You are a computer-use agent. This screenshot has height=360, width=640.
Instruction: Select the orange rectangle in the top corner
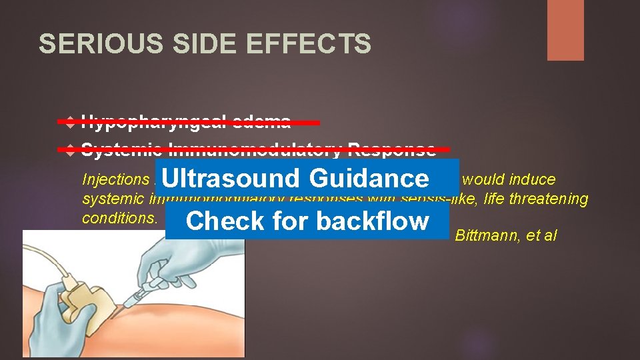click(565, 30)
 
